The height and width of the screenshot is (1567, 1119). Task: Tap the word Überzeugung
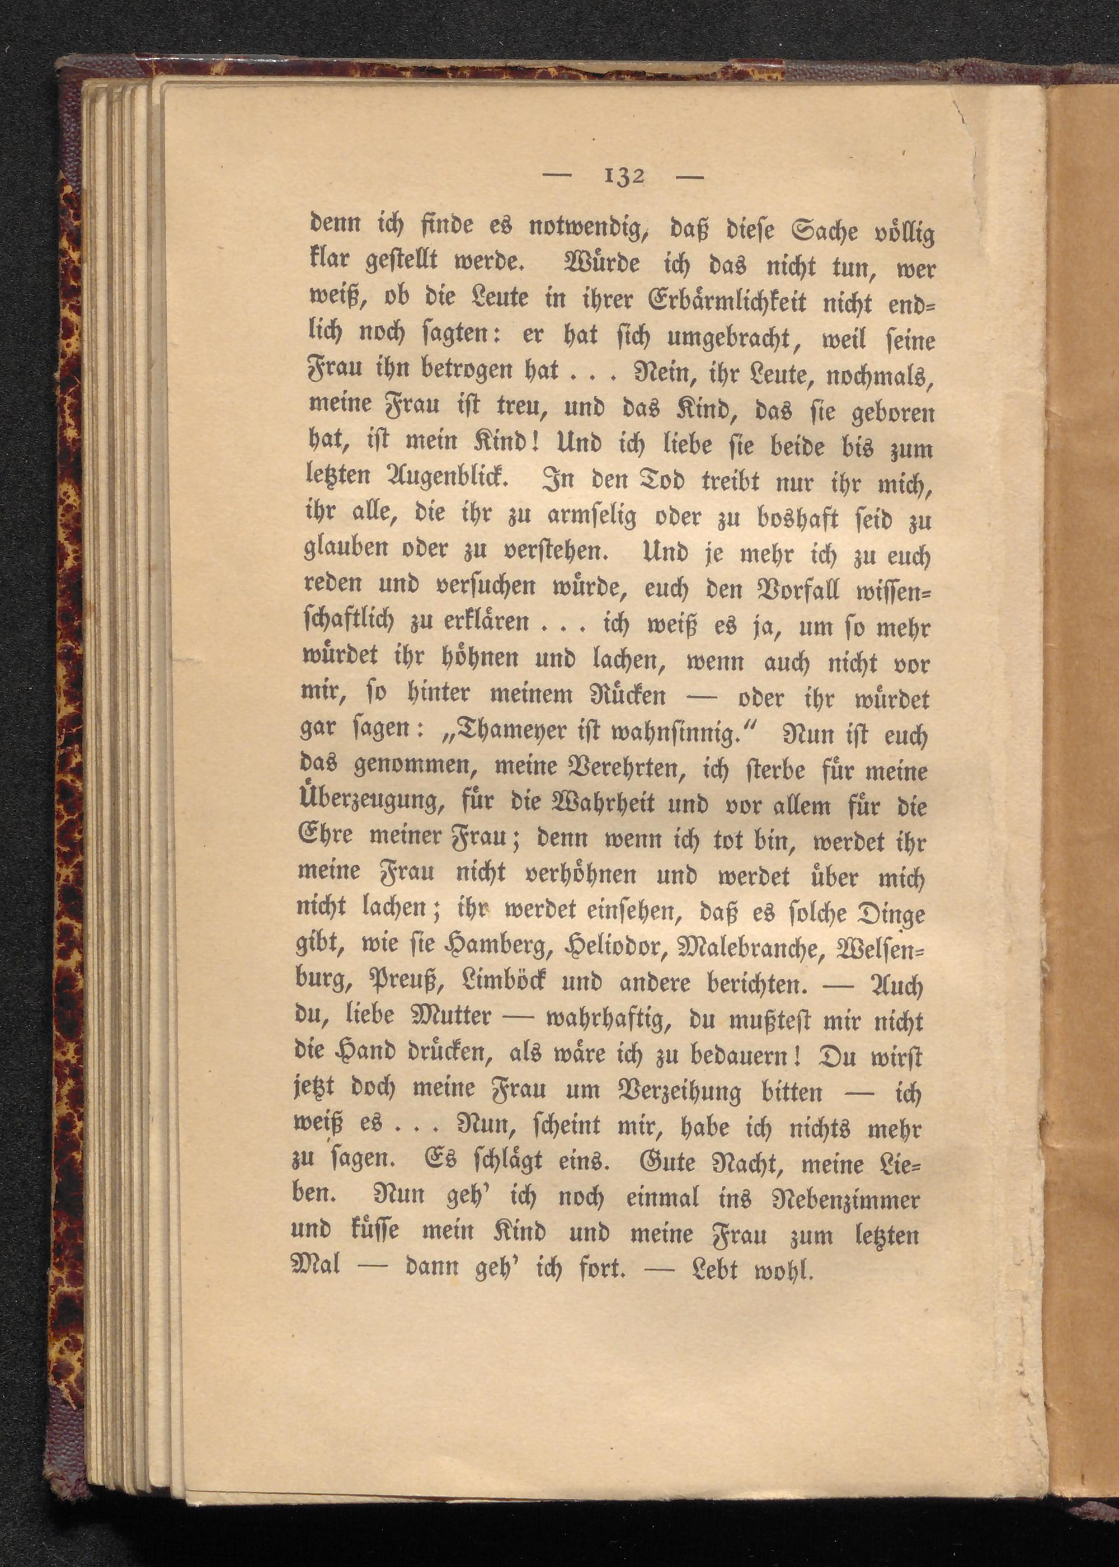point(369,803)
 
